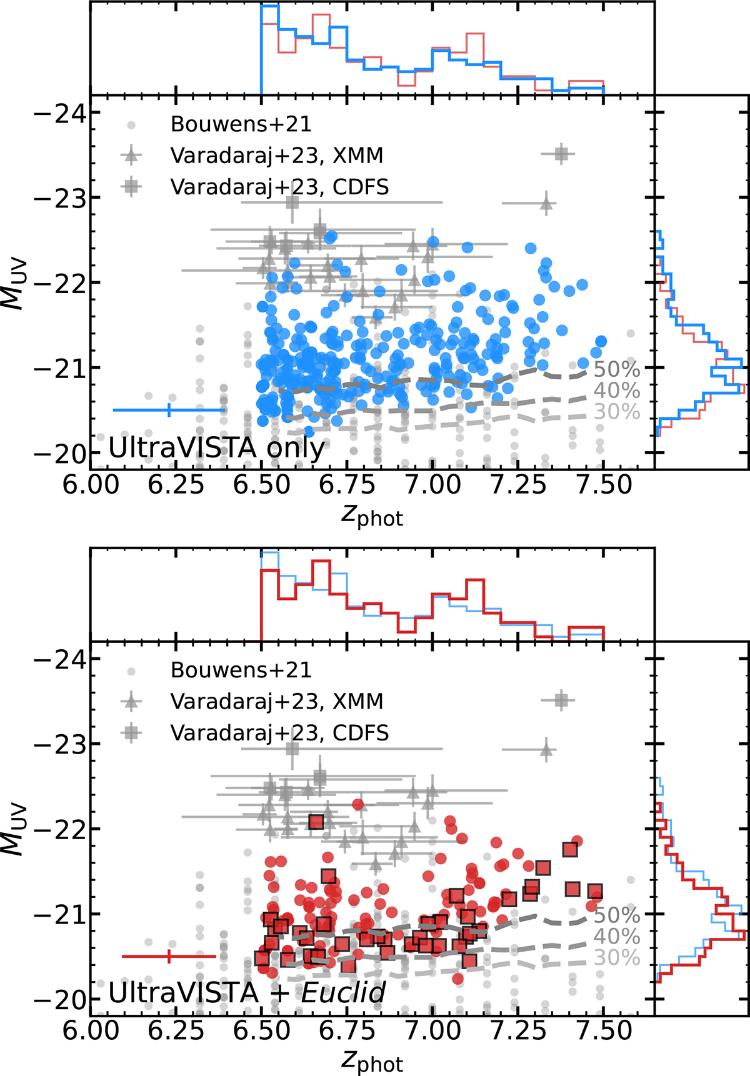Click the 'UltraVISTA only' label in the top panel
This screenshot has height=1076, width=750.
coord(217,447)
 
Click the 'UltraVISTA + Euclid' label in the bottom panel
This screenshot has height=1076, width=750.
coord(247,993)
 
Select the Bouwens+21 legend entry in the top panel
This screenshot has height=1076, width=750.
coord(241,124)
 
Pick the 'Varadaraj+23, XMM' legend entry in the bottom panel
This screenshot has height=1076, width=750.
coord(276,701)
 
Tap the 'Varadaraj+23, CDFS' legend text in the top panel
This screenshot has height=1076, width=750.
coord(279,186)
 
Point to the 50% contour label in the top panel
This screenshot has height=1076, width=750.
coord(617,369)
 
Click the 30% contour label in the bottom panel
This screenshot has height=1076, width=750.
coord(617,957)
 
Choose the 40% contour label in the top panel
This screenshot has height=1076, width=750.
coord(617,391)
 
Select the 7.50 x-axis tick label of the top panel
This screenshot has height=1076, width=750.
coord(603,484)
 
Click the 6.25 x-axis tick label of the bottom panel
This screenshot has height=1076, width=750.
coord(176,1030)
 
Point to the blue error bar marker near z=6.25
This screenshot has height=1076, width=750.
coord(169,410)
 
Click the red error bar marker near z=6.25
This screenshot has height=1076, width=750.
coord(169,956)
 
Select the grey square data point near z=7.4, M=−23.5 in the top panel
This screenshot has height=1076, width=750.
coord(561,154)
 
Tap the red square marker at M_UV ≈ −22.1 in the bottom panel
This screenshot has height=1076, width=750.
coord(316,821)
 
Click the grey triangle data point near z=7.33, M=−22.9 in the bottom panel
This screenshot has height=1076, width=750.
coord(547,749)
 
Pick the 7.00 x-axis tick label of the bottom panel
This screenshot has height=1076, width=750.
coord(432,1030)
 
